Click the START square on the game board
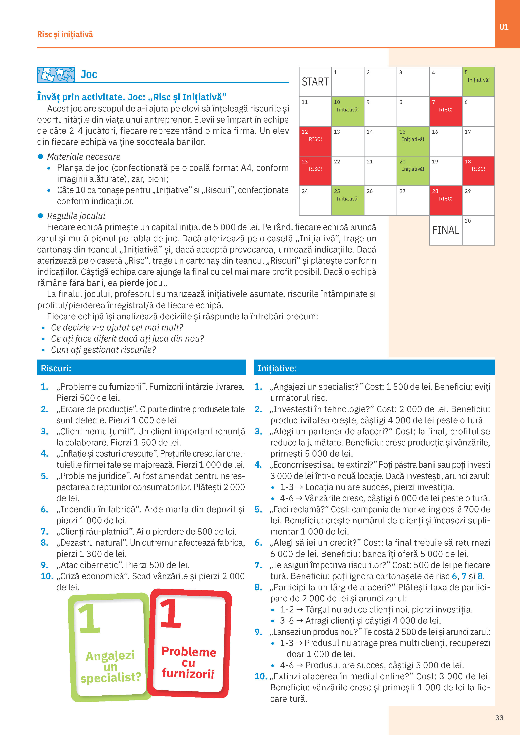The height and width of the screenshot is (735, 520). (315, 82)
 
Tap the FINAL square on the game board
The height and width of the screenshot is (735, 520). (445, 230)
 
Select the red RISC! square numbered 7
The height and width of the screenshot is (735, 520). (445, 111)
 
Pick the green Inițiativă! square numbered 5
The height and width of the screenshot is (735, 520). (478, 82)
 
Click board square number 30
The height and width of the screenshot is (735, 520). (478, 230)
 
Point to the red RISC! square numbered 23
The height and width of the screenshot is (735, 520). (315, 171)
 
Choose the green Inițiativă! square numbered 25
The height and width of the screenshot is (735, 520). (348, 200)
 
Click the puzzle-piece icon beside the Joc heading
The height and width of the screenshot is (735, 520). (56, 75)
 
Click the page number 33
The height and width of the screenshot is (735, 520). (499, 718)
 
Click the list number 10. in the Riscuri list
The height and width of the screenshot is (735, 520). (47, 576)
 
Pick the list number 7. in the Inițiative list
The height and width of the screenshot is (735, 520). (258, 565)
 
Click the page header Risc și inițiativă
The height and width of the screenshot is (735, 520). (65, 34)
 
